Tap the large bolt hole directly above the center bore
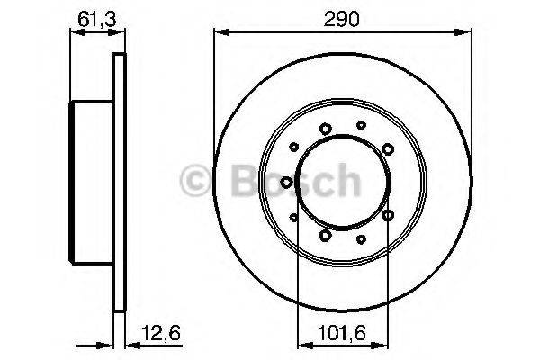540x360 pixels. [325, 128]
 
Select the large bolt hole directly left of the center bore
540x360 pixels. [286, 183]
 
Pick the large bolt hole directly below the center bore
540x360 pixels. [325, 236]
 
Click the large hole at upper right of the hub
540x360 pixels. [387, 148]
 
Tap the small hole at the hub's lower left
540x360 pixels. [293, 216]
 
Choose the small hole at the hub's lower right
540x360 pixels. [361, 238]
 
